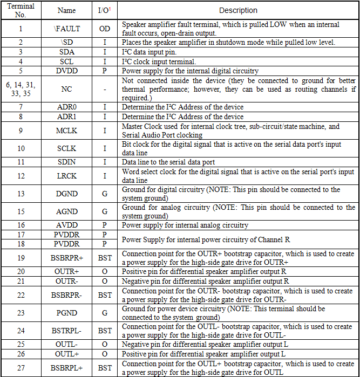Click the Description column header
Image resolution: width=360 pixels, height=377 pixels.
(238, 10)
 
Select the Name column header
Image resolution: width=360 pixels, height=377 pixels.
(66, 10)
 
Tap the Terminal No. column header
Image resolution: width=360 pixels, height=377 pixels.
(21, 10)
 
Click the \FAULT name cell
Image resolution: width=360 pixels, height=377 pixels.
(66, 29)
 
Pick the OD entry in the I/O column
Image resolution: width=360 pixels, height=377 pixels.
(105, 29)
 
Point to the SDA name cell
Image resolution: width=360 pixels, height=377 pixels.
(66, 52)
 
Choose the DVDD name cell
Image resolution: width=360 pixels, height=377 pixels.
(66, 71)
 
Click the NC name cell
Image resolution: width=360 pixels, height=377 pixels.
(66, 89)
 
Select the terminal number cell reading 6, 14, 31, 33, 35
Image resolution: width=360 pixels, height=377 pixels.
(21, 89)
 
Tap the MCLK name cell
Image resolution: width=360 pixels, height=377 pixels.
(66, 131)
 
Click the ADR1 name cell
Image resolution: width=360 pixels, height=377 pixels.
(66, 116)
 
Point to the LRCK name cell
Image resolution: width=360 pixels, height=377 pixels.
(66, 176)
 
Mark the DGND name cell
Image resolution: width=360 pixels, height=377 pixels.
(66, 194)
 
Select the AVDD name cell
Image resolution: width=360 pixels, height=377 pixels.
(66, 225)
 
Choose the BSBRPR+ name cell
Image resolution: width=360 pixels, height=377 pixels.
(66, 258)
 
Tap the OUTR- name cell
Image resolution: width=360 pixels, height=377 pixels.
(66, 281)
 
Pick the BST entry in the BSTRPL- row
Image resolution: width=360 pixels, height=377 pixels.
(105, 331)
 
